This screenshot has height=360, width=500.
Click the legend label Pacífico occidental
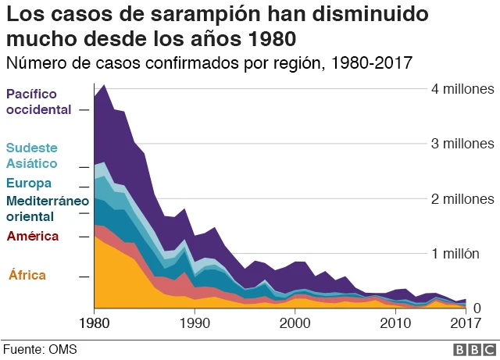pos(38,102)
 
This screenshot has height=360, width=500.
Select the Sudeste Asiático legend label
pos(32,155)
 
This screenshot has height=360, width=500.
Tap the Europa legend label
pos(29,184)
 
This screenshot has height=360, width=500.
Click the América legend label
pos(32,236)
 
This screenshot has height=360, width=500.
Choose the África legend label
pos(27,275)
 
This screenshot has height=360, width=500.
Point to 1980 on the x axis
pos(94,323)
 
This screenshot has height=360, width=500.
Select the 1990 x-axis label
pos(195,323)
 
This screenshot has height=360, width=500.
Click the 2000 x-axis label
pos(295,323)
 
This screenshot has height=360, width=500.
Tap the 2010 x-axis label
pos(395,323)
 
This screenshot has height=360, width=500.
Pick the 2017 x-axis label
pos(466,323)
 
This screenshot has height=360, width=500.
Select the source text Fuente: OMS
pos(39,348)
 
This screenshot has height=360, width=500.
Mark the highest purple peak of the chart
pos(104,84)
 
